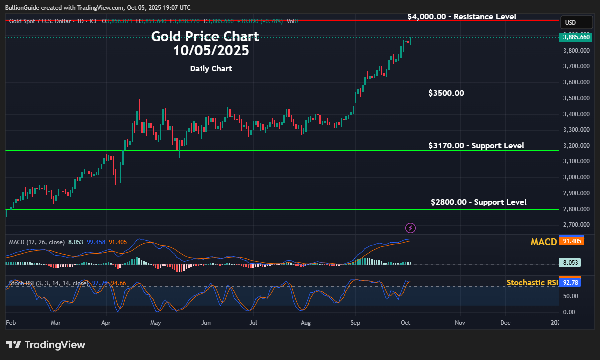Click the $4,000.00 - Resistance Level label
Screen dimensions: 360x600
[461, 16]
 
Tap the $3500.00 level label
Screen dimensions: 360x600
[446, 93]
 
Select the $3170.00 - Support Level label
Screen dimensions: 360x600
[476, 145]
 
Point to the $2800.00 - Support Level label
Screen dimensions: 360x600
[478, 202]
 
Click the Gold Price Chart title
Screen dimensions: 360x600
[205, 36]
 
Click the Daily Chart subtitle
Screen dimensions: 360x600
[211, 69]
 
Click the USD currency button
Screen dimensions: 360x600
[571, 23]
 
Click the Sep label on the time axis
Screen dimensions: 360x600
[355, 322]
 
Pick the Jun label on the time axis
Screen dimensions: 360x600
[205, 322]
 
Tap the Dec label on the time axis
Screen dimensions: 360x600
[505, 322]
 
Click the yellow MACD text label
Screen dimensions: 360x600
[543, 242]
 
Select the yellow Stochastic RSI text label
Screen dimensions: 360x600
[532, 283]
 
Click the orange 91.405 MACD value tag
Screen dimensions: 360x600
[572, 242]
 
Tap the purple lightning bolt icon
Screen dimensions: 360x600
[411, 228]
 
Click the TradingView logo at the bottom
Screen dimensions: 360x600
[46, 345]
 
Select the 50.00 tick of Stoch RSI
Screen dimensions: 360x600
[569, 296]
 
